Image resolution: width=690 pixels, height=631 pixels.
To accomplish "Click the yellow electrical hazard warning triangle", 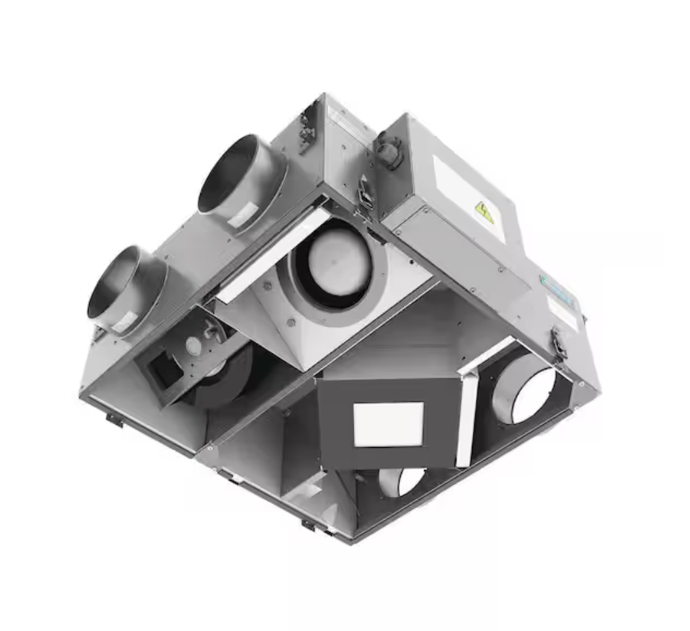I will (484, 213).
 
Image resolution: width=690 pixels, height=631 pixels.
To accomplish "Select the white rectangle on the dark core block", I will (388, 424).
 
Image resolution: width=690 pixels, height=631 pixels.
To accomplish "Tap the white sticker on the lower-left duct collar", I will (124, 321).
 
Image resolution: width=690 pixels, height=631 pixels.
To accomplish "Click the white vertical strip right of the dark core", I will (467, 419).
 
